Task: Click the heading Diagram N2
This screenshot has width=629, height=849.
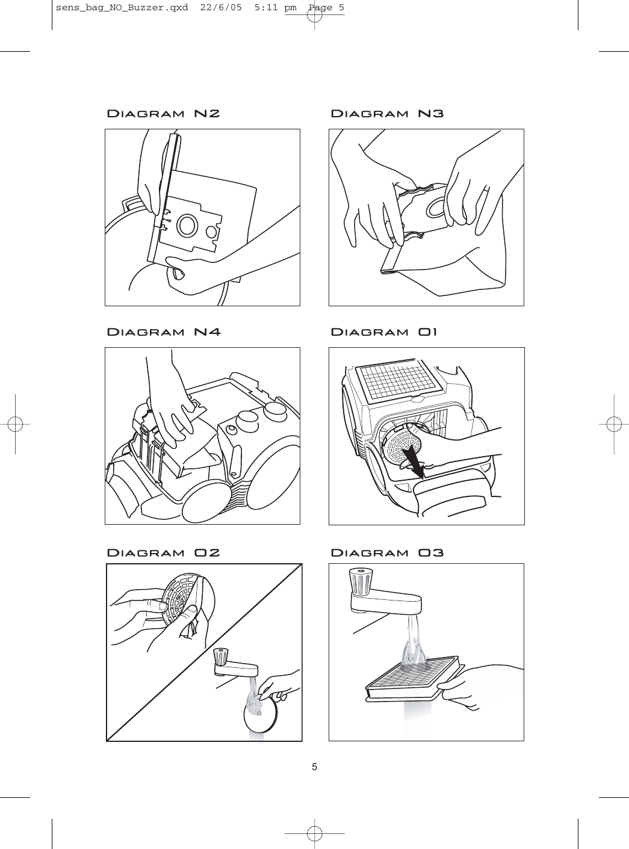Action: (x=163, y=114)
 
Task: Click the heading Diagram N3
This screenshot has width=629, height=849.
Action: (x=388, y=114)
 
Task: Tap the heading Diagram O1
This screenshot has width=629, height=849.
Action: (x=385, y=332)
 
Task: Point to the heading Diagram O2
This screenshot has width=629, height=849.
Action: (x=163, y=552)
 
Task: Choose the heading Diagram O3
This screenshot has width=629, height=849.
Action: (x=388, y=552)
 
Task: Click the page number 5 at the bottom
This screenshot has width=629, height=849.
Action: (x=314, y=767)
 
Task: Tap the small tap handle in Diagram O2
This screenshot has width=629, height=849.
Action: (x=222, y=656)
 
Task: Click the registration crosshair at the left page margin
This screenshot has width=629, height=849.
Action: (x=14, y=424)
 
